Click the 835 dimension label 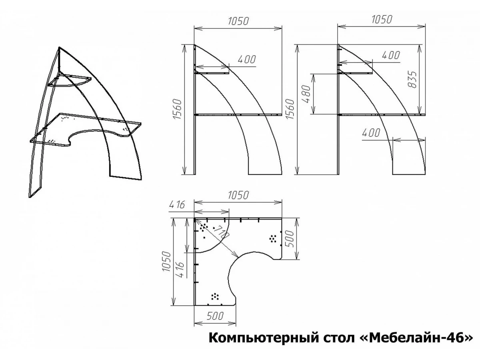(413, 79)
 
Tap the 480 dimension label (306, 94)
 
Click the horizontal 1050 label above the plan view (238, 195)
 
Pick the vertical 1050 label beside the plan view (166, 262)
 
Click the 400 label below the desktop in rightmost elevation (371, 133)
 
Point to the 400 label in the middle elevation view (247, 60)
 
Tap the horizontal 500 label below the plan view (215, 316)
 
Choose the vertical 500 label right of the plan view (290, 239)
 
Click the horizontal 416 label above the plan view (177, 205)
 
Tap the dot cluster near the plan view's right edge (273, 238)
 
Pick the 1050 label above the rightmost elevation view (382, 20)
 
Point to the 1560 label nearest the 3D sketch (177, 109)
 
